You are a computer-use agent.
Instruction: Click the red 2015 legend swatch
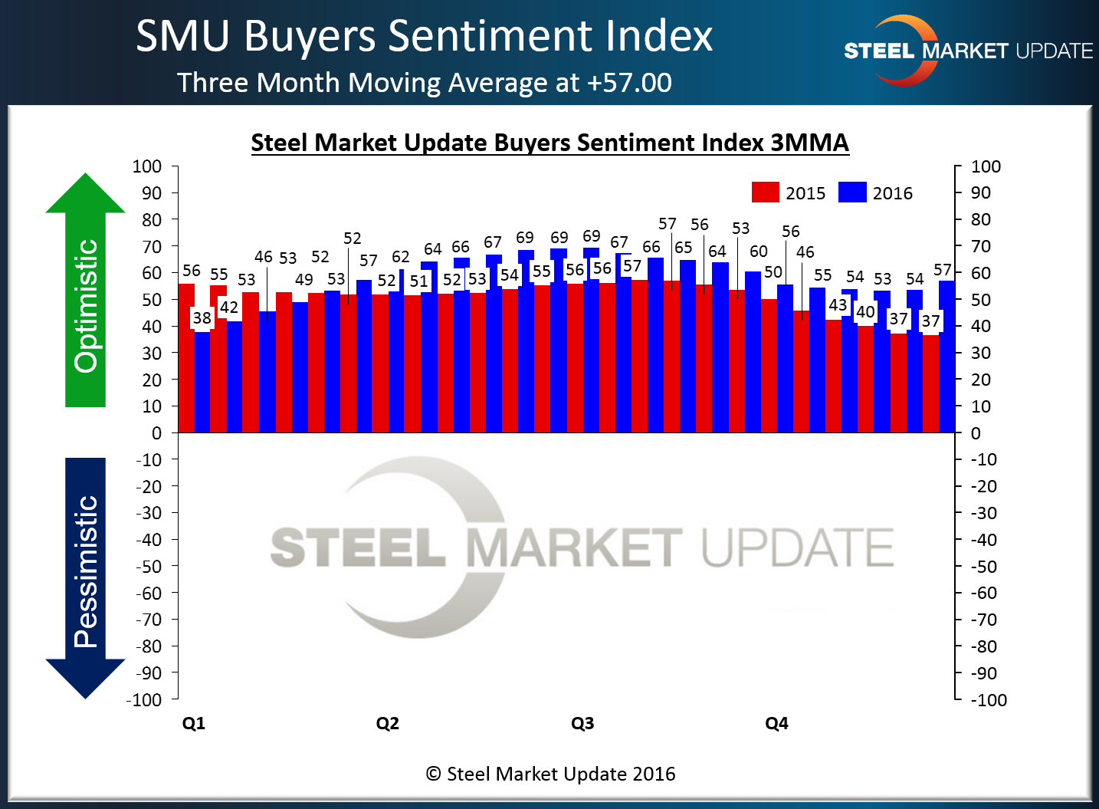(765, 192)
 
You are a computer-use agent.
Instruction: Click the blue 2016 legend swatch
(852, 192)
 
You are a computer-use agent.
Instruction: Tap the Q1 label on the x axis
(193, 723)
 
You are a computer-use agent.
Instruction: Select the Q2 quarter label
(387, 723)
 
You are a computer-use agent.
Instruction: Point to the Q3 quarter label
(582, 723)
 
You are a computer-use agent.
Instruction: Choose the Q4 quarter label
(776, 723)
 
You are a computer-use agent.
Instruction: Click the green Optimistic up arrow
(85, 291)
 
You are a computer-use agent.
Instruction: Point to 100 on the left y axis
(146, 166)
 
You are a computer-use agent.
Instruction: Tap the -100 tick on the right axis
(988, 699)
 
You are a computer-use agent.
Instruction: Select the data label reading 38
(202, 317)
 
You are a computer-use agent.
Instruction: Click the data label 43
(838, 304)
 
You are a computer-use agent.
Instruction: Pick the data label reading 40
(865, 311)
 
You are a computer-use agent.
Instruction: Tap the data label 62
(400, 256)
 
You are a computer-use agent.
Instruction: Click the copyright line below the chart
(550, 774)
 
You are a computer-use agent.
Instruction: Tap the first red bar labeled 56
(186, 357)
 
